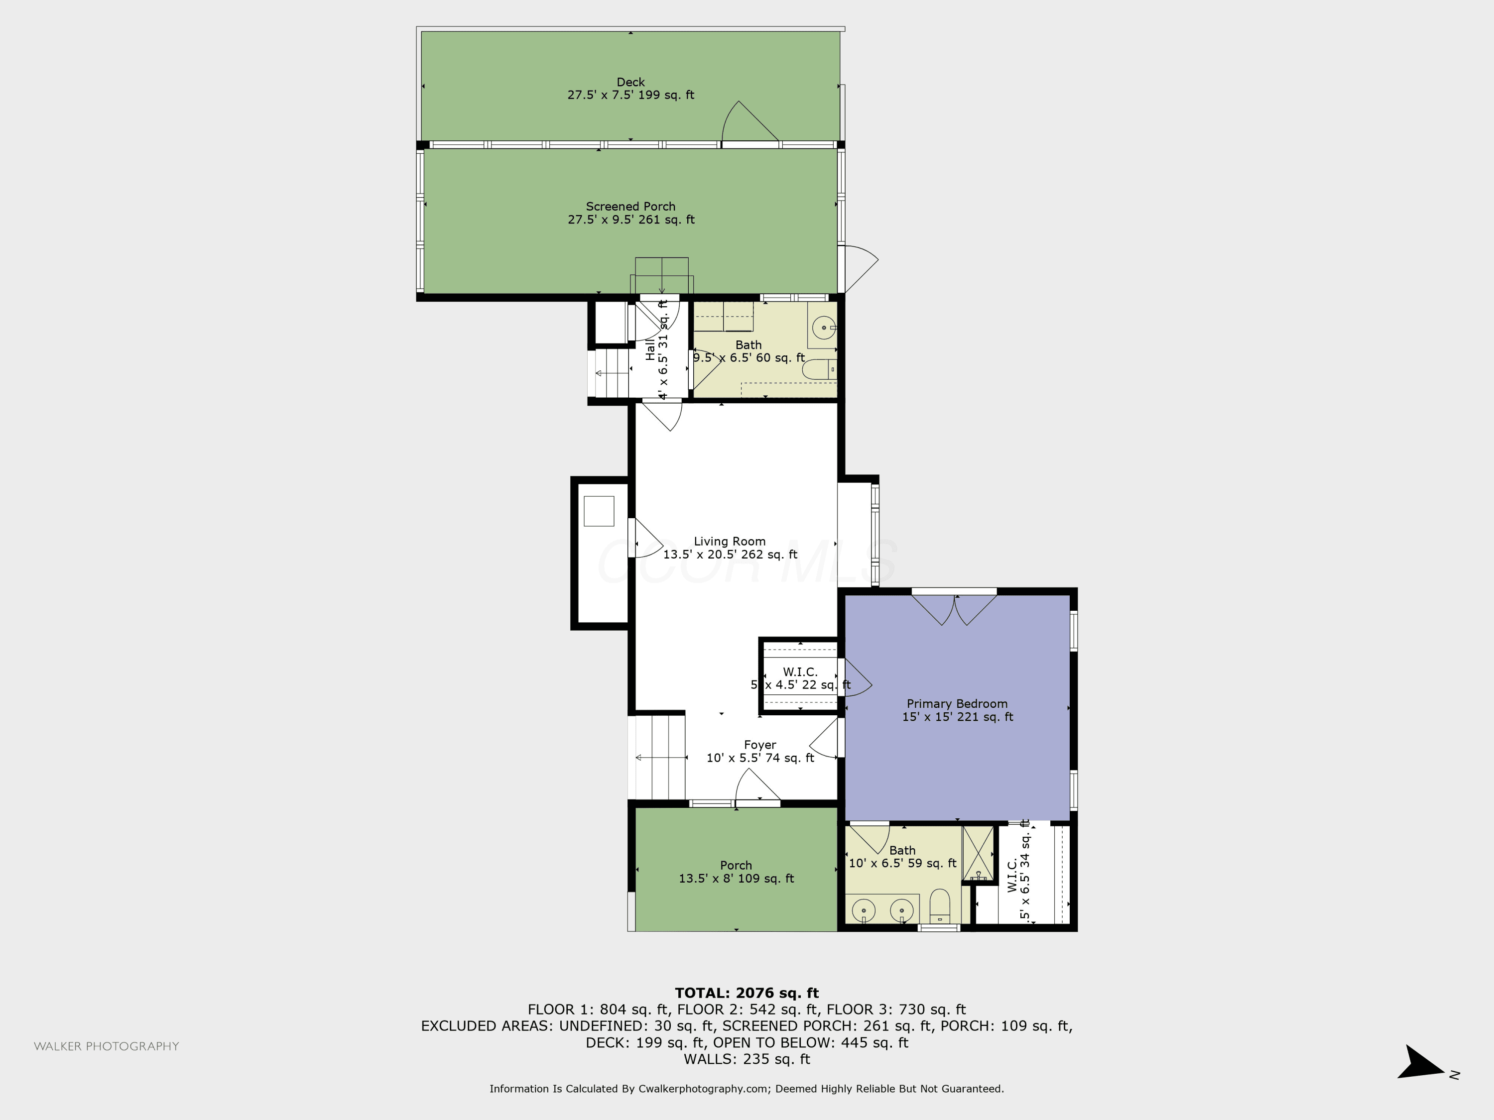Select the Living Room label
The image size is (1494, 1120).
(x=730, y=542)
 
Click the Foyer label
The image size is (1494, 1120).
(x=760, y=745)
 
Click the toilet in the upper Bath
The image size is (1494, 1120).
(x=819, y=369)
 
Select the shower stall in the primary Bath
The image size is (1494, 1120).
(x=979, y=853)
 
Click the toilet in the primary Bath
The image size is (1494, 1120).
(x=940, y=906)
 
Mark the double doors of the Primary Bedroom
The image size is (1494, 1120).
(x=954, y=608)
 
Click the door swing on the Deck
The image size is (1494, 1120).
(x=749, y=123)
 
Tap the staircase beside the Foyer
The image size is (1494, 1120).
(x=660, y=758)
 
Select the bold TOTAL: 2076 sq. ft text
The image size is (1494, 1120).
(x=747, y=993)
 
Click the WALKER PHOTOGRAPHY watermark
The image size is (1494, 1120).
(x=107, y=1046)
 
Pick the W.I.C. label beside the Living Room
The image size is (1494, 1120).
(x=800, y=672)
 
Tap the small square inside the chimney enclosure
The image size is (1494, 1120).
(x=599, y=511)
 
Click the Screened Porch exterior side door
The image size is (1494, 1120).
(x=858, y=269)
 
